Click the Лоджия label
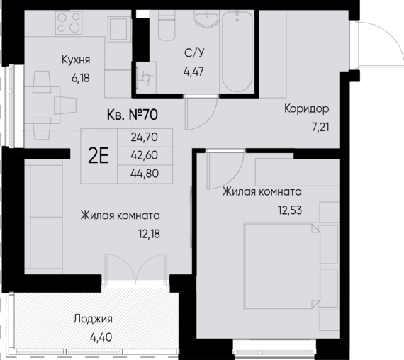pos(93,319)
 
